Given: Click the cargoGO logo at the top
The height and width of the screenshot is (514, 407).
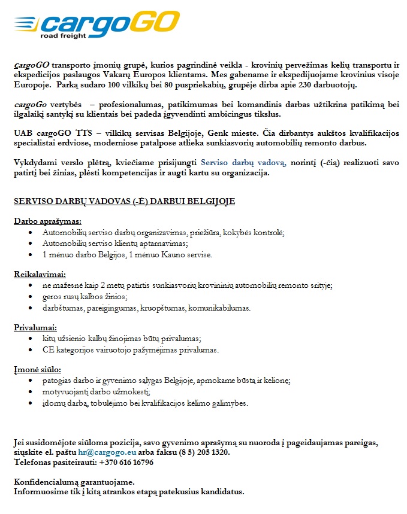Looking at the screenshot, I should click(97, 23).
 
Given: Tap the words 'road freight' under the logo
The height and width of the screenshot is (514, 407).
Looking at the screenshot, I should click(63, 36).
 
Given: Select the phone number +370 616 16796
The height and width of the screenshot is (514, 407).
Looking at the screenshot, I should click(119, 463).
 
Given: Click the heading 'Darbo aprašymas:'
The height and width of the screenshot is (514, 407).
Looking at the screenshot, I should click(47, 221).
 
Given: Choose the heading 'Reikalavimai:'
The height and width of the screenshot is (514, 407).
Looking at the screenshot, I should click(40, 275).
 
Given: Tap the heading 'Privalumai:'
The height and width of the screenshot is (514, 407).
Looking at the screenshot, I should click(35, 327).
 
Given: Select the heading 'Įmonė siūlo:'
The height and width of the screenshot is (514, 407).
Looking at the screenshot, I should click(37, 370).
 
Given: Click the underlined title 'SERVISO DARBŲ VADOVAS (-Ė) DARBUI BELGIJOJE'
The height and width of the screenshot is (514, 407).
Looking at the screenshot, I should click(124, 201).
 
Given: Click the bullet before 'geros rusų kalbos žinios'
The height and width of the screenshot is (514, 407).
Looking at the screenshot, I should click(31, 297).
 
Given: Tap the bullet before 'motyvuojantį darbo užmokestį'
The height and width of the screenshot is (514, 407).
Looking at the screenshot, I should click(31, 392).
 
